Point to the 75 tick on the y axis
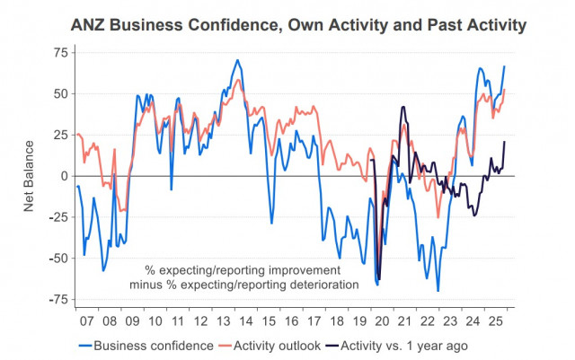tap(60, 52)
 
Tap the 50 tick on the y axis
tap(60, 93)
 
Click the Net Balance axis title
tap(29, 176)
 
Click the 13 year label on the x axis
tap(225, 319)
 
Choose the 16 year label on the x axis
tap(293, 319)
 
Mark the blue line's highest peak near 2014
tap(237, 60)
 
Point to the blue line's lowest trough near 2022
tap(438, 291)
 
